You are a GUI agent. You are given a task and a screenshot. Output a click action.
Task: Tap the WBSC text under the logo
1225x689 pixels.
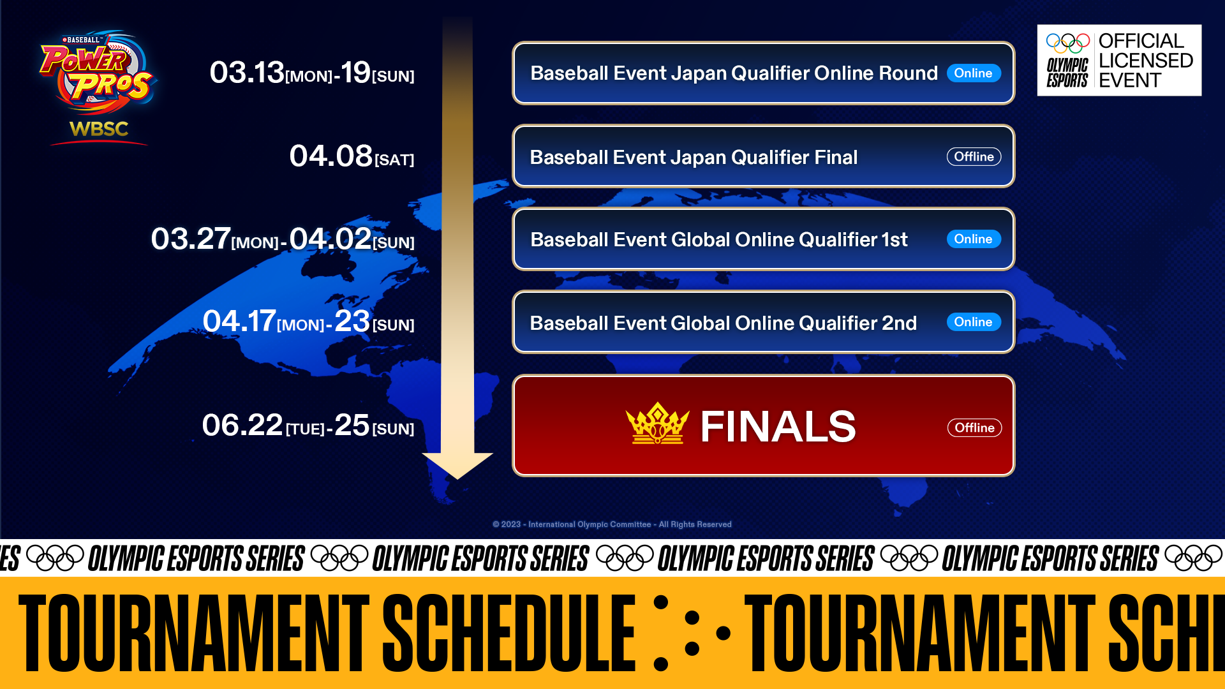coord(99,129)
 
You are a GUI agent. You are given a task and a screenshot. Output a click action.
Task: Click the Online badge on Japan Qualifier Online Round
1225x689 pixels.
coord(974,73)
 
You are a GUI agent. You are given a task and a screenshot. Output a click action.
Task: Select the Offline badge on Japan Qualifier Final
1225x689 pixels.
coord(974,157)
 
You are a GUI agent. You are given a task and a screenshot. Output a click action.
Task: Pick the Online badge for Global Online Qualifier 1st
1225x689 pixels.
coord(974,239)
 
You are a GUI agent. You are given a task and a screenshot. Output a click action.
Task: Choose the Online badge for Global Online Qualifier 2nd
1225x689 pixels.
coord(974,322)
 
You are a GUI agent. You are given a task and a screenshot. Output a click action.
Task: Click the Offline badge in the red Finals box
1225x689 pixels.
coord(975,428)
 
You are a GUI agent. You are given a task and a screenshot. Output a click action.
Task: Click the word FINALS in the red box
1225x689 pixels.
coord(778,426)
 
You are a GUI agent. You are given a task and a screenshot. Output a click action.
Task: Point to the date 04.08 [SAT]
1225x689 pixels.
coord(352,156)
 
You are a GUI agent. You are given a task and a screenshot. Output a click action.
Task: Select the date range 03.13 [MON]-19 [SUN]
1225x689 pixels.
coord(312,73)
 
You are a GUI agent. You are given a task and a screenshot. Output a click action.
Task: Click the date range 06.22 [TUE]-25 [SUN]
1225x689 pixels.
coord(308,425)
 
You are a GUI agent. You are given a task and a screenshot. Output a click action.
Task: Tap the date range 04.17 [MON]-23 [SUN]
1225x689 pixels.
coord(309,321)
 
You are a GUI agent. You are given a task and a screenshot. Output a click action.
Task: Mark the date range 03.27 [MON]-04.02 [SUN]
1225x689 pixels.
coord(283,239)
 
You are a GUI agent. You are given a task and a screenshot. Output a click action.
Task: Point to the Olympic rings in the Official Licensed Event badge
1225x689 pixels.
coord(1067,43)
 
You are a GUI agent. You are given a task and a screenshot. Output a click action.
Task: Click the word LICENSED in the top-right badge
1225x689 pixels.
coord(1146,61)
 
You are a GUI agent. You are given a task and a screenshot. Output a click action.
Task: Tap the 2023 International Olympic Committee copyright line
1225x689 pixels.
coord(612,524)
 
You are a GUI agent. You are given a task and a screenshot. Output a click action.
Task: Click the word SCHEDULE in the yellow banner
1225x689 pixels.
coord(509,633)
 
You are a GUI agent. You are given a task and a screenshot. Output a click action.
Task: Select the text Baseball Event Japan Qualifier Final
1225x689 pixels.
coord(694,158)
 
